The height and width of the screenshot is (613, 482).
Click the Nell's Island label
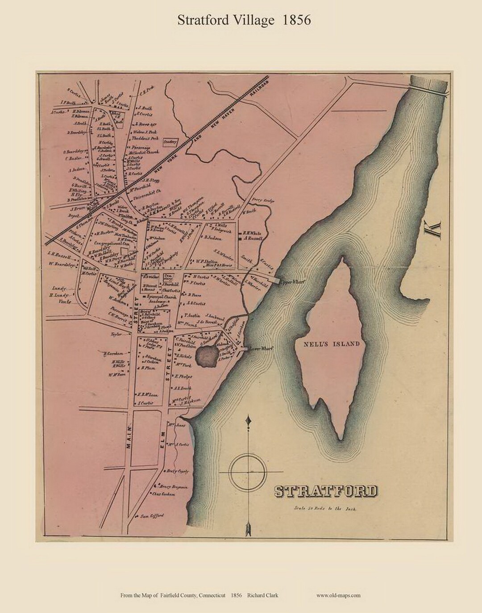point(331,344)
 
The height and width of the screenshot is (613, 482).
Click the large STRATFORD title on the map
point(325,491)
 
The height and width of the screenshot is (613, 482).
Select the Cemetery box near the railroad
point(170,142)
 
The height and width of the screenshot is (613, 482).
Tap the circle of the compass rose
point(248,471)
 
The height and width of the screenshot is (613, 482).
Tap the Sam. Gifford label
point(152,516)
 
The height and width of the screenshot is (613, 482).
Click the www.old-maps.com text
point(338,595)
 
